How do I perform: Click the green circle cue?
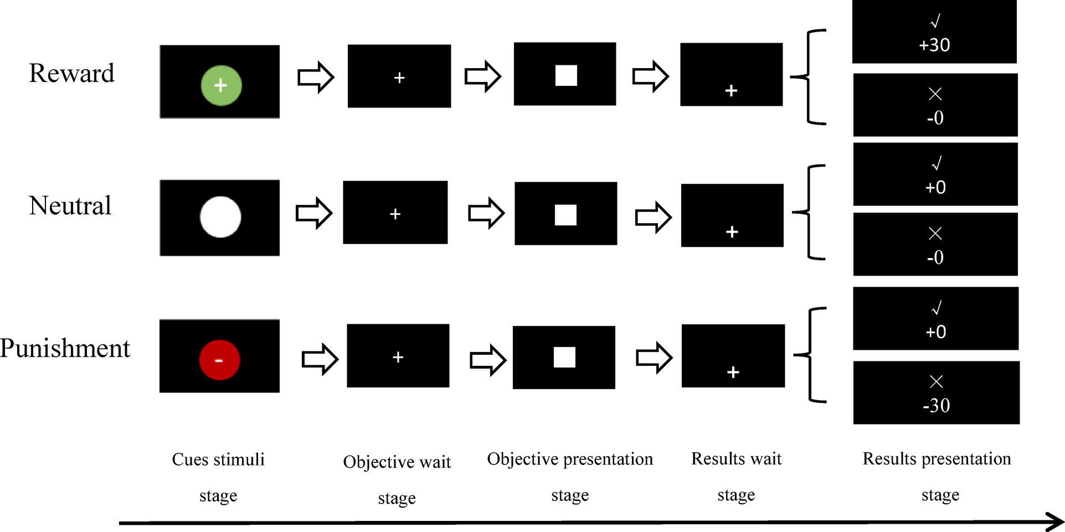[x=220, y=85]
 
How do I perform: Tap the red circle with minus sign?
[x=219, y=360]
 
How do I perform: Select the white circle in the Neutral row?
[x=220, y=217]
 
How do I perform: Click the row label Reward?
[x=71, y=74]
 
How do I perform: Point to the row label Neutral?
[x=70, y=206]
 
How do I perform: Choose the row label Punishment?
[x=65, y=349]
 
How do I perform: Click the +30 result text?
[x=934, y=45]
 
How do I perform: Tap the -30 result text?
[x=936, y=406]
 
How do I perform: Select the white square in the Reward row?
[x=566, y=75]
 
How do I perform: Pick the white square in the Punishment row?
[x=564, y=358]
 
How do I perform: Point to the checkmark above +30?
[x=935, y=22]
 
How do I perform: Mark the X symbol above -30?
[x=936, y=381]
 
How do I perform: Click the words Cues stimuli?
[x=218, y=459]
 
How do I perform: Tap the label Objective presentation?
[x=570, y=459]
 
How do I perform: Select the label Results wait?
[x=736, y=459]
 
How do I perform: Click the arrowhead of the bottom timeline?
[x=1055, y=522]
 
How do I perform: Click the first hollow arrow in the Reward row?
[x=316, y=77]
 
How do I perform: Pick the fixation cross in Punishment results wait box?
[x=733, y=373]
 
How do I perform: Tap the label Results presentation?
[x=937, y=459]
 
